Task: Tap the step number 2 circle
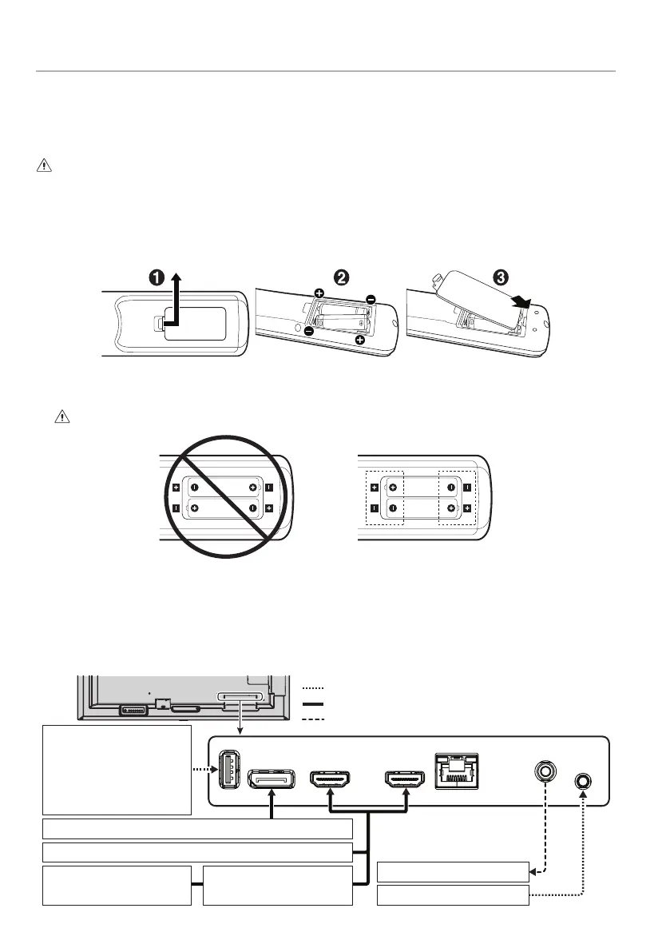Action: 341,278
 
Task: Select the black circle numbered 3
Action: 499,277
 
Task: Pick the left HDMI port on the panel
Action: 330,778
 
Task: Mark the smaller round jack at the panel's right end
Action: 583,780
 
